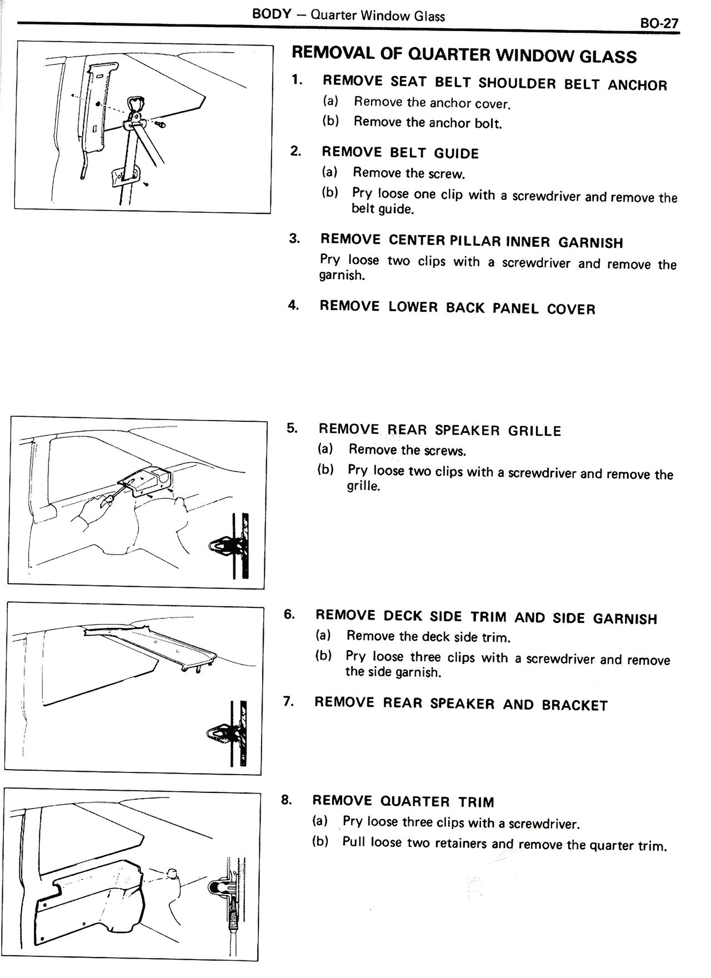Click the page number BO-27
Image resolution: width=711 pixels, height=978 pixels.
[x=659, y=23]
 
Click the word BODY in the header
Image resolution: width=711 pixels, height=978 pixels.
[x=272, y=14]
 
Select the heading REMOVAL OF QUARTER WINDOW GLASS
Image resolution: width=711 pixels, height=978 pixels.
[x=464, y=54]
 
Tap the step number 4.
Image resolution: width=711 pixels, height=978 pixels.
[x=293, y=306]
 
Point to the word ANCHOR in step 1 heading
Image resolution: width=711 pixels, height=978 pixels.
[x=637, y=85]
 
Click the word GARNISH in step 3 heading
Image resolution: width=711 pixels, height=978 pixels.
[x=590, y=242]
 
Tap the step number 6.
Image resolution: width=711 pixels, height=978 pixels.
[x=289, y=614]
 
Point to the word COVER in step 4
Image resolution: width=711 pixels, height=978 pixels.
[x=570, y=309]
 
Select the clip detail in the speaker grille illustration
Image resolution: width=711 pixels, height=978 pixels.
[x=229, y=547]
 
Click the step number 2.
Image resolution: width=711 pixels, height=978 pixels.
[x=296, y=151]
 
